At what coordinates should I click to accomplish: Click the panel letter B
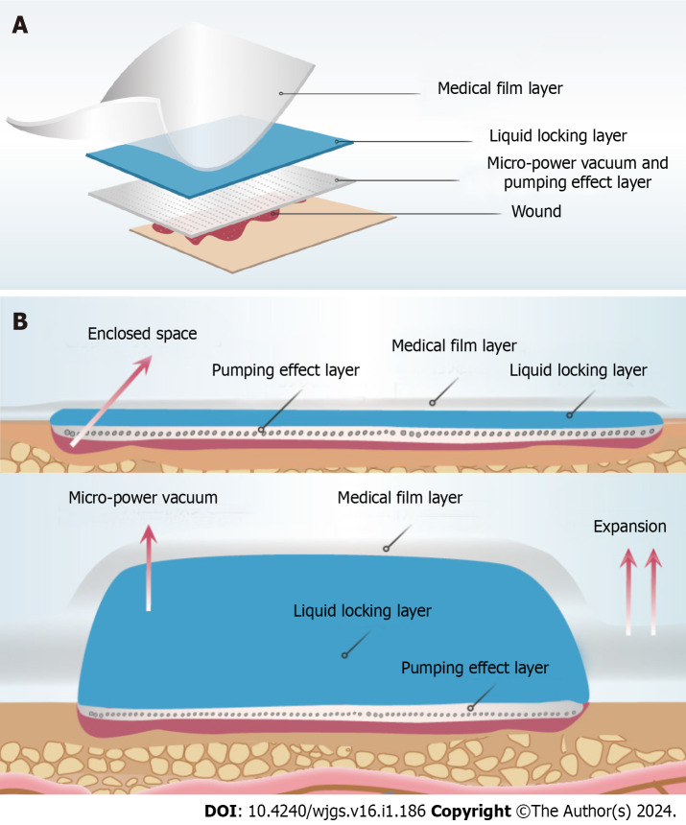pos(19,318)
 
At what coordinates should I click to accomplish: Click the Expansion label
pos(629,527)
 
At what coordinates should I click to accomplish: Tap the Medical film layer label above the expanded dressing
pos(400,499)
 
